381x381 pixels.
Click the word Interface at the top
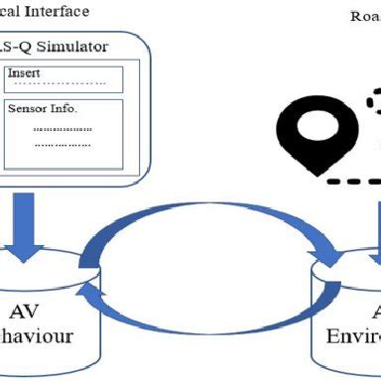coord(59,12)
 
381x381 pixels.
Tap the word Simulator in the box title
coord(71,48)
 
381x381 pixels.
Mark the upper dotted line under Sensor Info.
coord(62,129)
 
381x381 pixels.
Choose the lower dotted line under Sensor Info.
coord(62,145)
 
